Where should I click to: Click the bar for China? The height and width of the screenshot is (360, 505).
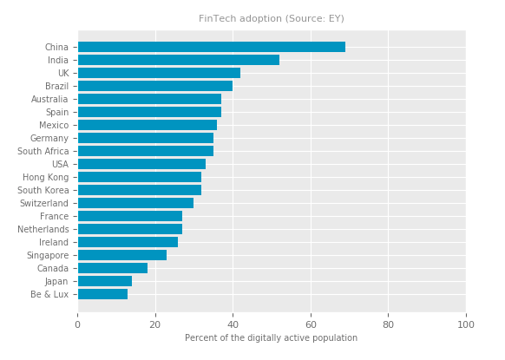click(x=212, y=47)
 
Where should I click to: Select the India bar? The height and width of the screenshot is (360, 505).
click(x=179, y=60)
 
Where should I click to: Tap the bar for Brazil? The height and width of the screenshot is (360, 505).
click(x=155, y=86)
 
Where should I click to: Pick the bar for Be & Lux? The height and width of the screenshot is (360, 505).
click(x=102, y=294)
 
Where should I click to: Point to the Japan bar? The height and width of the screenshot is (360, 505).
click(x=105, y=281)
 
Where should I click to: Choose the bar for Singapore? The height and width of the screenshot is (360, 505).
click(x=122, y=255)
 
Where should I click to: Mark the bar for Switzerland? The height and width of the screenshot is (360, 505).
click(x=136, y=203)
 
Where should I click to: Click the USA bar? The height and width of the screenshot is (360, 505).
click(x=141, y=164)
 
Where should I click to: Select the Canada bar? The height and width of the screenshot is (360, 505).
click(x=113, y=268)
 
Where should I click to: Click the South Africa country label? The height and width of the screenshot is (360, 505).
click(x=43, y=151)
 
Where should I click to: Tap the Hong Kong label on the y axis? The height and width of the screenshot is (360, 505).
click(x=46, y=177)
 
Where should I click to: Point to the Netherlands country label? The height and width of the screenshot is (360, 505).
click(x=43, y=229)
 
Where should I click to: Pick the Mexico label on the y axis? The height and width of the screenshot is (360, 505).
click(x=54, y=125)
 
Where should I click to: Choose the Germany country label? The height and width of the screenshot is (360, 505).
click(x=49, y=138)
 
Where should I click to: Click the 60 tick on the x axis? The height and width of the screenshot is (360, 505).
click(x=311, y=324)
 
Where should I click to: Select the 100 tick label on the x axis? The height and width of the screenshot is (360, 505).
click(x=466, y=324)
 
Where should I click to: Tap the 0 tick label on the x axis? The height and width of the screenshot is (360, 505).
click(x=77, y=324)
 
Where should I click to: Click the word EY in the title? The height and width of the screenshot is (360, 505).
click(x=335, y=19)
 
